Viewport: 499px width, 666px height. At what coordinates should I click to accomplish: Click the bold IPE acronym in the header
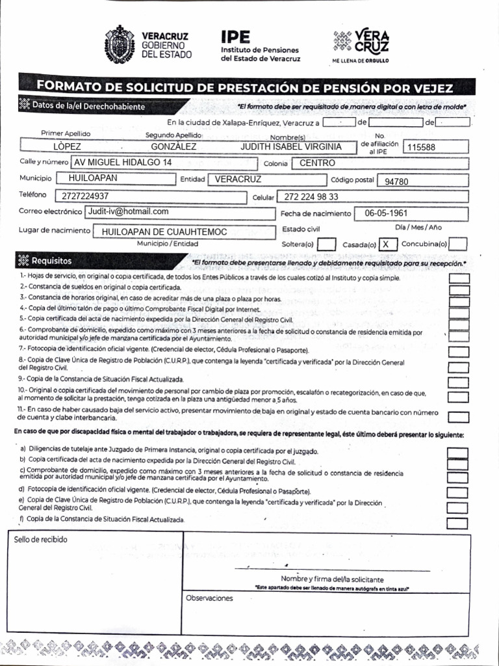click(x=235, y=36)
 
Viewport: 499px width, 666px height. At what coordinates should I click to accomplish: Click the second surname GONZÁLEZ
click(x=173, y=146)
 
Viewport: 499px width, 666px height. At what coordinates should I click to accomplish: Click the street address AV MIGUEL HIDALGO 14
click(x=123, y=162)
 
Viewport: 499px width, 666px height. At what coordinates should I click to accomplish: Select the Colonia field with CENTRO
click(x=317, y=163)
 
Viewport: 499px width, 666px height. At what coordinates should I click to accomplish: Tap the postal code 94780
click(x=396, y=181)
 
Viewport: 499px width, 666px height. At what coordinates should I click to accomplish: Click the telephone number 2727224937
click(x=86, y=196)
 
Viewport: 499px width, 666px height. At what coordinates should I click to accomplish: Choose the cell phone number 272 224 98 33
click(x=311, y=196)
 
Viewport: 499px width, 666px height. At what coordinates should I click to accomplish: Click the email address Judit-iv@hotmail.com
click(x=129, y=211)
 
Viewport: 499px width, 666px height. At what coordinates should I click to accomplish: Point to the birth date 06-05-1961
click(x=386, y=213)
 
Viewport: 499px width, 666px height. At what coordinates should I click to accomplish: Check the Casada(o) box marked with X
click(x=387, y=244)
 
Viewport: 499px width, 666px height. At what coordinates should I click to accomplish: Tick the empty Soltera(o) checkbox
click(x=326, y=244)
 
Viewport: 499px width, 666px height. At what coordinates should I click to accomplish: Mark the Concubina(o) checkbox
click(x=458, y=244)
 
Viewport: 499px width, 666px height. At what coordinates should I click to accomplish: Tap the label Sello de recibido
click(x=40, y=539)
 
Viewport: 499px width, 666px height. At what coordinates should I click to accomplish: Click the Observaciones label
click(x=209, y=597)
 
